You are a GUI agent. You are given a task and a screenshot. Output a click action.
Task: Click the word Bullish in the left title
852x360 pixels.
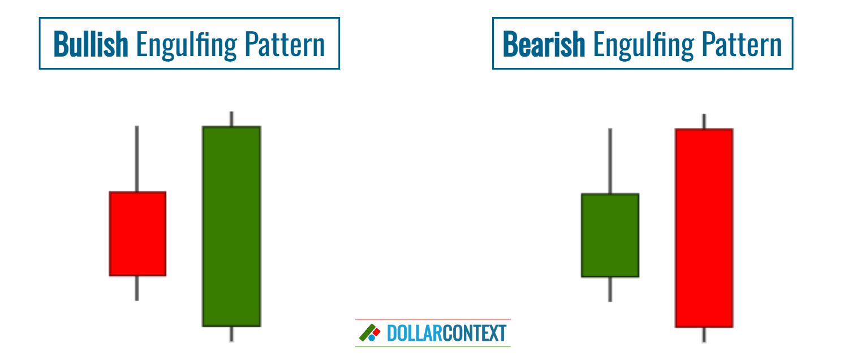pyautogui.click(x=91, y=44)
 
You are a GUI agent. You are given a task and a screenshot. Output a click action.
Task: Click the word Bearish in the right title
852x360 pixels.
pyautogui.click(x=544, y=44)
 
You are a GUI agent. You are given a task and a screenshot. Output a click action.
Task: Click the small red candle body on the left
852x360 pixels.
pyautogui.click(x=137, y=234)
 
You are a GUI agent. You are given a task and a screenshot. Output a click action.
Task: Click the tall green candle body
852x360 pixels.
pyautogui.click(x=231, y=226)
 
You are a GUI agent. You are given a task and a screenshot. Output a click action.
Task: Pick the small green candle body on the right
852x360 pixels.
pyautogui.click(x=610, y=235)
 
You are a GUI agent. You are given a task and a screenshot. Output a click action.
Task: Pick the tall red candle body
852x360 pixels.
pyautogui.click(x=704, y=228)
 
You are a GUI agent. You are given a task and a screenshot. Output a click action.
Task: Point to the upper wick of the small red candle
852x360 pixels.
pyautogui.click(x=137, y=158)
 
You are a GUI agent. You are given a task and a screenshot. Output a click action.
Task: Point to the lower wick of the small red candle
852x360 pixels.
pyautogui.click(x=137, y=288)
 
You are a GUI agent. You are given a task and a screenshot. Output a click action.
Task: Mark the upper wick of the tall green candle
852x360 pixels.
pyautogui.click(x=231, y=119)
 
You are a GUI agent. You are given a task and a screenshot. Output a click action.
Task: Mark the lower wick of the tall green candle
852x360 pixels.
pyautogui.click(x=231, y=334)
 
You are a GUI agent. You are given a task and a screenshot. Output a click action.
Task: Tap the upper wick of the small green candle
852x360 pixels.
pyautogui.click(x=610, y=161)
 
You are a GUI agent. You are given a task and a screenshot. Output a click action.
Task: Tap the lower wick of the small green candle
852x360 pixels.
pyautogui.click(x=610, y=289)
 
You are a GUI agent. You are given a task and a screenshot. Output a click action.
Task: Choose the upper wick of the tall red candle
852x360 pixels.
pyautogui.click(x=704, y=121)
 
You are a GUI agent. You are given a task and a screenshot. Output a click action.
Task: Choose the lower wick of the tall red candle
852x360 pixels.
pyautogui.click(x=704, y=335)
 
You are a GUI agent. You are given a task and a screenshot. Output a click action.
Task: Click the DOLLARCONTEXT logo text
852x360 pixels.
pyautogui.click(x=446, y=333)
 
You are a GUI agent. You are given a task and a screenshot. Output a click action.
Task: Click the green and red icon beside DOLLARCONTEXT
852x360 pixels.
pyautogui.click(x=369, y=333)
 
